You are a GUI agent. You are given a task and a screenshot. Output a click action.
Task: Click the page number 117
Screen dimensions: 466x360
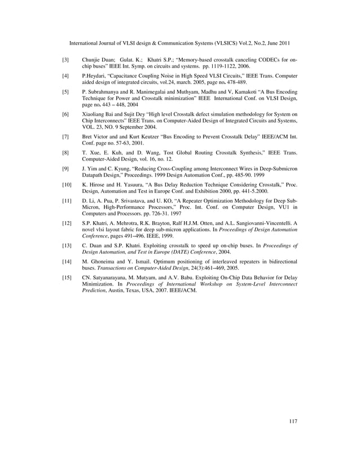point(292,420)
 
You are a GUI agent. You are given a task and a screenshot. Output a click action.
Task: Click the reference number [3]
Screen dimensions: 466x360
point(65,59)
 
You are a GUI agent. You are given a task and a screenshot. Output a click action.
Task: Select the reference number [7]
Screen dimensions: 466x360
point(65,137)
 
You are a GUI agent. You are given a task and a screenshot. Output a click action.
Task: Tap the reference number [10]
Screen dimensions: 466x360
point(67,184)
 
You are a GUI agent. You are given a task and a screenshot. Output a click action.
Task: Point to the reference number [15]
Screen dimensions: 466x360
point(67,278)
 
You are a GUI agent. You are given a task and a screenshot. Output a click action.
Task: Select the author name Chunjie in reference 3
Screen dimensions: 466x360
point(93,59)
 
